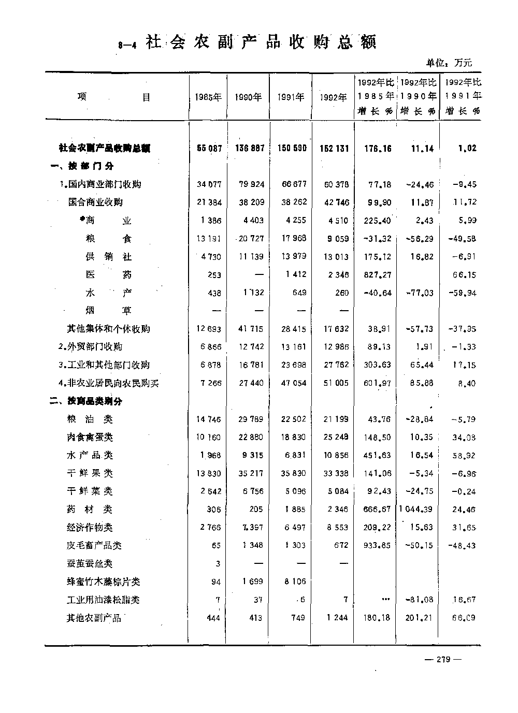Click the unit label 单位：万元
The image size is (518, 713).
(x=449, y=63)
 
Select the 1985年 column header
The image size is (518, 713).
(x=208, y=97)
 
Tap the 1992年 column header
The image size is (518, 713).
(x=333, y=97)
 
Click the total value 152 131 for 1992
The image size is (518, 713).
(x=334, y=148)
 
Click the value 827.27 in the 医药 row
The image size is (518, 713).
(x=377, y=275)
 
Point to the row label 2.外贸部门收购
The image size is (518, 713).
(x=91, y=346)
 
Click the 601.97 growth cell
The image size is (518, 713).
(x=377, y=383)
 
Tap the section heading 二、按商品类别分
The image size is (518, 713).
(x=87, y=401)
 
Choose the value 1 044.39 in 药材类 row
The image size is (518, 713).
(x=416, y=510)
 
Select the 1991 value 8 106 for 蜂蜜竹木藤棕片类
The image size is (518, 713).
(x=295, y=581)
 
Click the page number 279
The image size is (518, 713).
(x=442, y=659)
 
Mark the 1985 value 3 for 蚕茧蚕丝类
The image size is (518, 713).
(x=218, y=564)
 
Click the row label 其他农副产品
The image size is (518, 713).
(x=94, y=618)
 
